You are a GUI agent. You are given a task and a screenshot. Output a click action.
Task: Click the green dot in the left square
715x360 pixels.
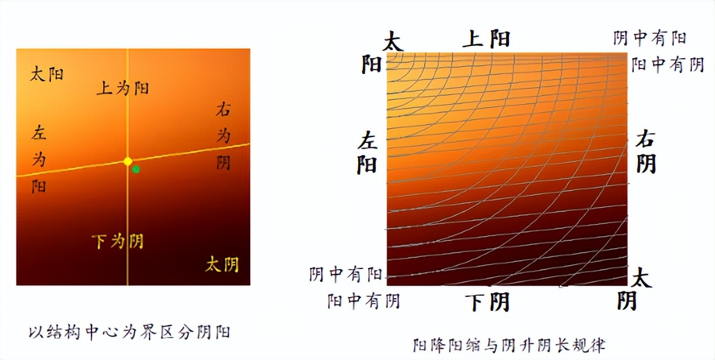pos(136,169)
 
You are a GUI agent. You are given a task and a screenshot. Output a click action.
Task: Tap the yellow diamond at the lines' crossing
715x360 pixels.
pos(127,161)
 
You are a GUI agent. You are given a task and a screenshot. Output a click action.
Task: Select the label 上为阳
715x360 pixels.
pos(123,88)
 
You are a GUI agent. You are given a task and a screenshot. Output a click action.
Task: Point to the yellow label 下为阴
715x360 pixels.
pos(118,241)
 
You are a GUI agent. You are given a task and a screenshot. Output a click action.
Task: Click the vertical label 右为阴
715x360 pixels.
pos(224,136)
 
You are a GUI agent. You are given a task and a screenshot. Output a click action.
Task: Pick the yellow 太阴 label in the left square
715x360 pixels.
pos(222,264)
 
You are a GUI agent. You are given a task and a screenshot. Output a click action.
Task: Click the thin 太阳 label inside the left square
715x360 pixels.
pos(47,75)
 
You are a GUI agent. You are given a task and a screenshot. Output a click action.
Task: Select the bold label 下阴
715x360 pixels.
pos(488,301)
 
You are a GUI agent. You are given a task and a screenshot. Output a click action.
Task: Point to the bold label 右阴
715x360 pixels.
pos(646,153)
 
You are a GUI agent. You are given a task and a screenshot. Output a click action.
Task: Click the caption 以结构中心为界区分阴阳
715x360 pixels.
pos(129,332)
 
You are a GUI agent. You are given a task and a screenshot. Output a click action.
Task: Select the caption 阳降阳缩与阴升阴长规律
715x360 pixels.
pos(509,345)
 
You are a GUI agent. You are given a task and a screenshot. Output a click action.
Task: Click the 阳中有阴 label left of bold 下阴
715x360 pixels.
pos(364,301)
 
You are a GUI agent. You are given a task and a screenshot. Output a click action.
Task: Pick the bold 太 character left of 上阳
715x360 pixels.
pos(393,42)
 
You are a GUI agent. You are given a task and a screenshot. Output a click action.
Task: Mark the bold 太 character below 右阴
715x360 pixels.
pos(642,279)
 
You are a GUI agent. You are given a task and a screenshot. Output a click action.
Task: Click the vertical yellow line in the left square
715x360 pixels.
pos(127,230)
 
